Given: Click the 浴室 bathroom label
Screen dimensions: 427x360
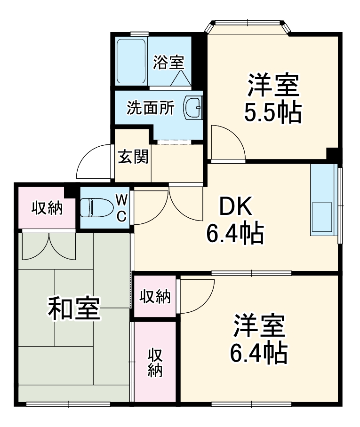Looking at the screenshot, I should pos(168,62).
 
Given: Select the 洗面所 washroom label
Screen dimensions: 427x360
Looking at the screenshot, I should pos(151,108).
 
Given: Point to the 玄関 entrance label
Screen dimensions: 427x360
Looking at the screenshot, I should pos(133,157).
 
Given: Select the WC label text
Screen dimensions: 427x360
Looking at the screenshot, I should pos(121,208).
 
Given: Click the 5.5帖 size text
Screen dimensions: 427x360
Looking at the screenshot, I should pos(273,113).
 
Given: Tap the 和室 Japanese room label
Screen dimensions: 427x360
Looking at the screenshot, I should pos(74,308).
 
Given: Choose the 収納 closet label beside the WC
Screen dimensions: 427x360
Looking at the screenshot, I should pos(47,208).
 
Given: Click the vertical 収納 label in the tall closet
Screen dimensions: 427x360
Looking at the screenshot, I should pos(154,362).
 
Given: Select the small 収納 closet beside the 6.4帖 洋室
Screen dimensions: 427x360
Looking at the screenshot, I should pos(155,297).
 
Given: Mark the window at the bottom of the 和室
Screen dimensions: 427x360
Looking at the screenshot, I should pos(68,403).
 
